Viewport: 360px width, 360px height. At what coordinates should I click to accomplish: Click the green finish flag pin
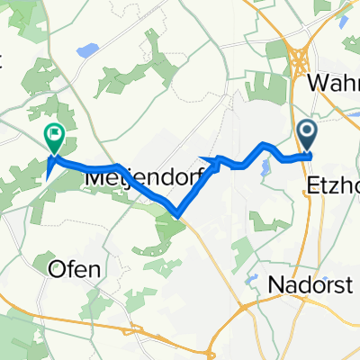(54, 138)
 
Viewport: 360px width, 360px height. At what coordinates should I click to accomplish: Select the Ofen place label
(76, 268)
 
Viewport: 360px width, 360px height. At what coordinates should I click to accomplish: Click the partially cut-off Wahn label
(334, 82)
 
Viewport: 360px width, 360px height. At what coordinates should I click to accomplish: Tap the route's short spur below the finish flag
(48, 171)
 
